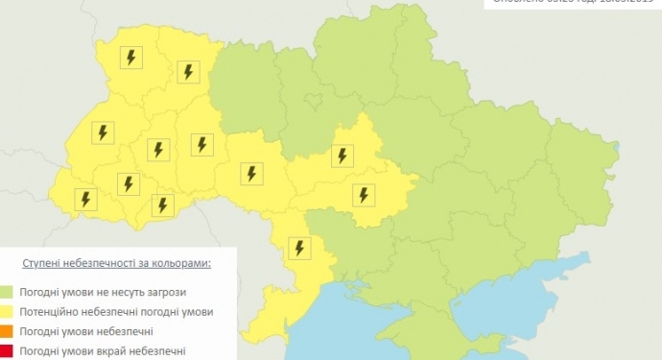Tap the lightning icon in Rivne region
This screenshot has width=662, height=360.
pos(187,72)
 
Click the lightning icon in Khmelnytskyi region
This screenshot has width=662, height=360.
pos(201,144)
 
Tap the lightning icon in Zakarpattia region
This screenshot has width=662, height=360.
pos(87,199)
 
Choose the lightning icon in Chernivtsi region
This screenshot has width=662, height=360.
pos(162,204)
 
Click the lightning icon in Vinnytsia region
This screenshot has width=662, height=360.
pos(251,174)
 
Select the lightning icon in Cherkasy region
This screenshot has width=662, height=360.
pos(343,155)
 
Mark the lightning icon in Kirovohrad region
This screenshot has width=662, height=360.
pos(364,194)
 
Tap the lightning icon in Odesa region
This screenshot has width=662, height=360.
pos(300,248)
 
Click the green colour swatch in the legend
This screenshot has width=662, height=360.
pos(6,292)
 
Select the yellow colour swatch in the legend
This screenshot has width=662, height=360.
pos(6,312)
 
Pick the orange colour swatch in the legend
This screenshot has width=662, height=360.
pos(6,332)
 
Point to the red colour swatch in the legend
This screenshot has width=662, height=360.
pos(6,352)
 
